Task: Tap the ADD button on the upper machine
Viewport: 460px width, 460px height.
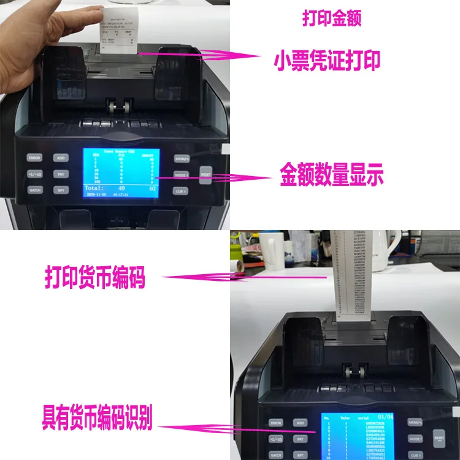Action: tap(60, 158)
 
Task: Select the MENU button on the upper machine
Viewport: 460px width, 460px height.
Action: tap(181, 158)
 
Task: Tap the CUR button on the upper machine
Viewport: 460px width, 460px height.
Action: tap(180, 191)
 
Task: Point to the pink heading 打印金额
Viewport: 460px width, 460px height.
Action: tap(331, 18)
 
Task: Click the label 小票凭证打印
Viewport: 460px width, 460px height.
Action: tap(327, 61)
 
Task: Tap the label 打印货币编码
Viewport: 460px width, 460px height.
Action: tap(94, 278)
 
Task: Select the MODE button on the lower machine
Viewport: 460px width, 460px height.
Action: tap(415, 439)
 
